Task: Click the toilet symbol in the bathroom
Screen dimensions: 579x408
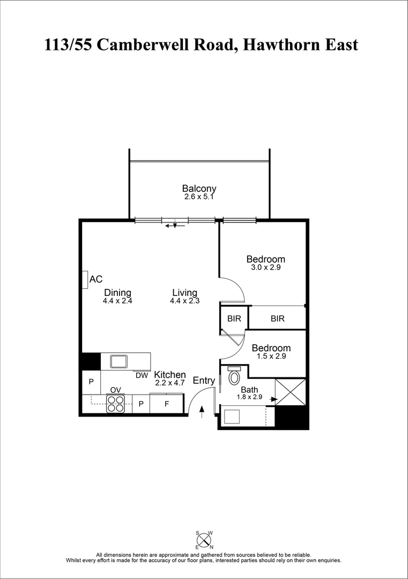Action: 234,377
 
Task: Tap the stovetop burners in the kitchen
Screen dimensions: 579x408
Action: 115,403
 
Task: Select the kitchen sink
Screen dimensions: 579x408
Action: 118,361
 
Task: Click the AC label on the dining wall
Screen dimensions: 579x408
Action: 96,279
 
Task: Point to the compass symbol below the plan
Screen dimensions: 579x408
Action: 204,539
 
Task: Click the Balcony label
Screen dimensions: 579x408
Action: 199,189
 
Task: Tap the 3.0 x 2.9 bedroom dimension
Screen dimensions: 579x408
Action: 265,267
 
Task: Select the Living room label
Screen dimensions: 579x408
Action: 184,293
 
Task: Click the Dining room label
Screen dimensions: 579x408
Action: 117,293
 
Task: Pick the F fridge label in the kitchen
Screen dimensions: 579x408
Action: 167,404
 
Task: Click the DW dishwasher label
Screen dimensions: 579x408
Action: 142,376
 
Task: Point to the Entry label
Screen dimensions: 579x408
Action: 204,381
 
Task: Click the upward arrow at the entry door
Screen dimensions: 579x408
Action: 202,412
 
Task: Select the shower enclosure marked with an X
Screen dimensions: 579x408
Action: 290,392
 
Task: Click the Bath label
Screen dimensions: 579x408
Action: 249,390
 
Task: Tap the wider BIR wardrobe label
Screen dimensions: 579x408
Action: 277,318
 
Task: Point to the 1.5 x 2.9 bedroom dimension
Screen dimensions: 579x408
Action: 271,356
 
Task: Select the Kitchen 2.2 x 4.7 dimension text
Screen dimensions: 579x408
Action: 170,383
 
